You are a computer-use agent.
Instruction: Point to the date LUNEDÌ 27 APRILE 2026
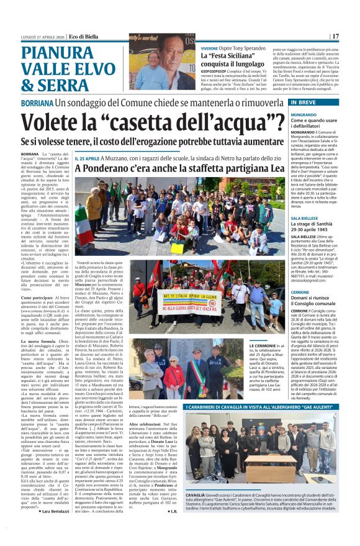pos(42,36)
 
